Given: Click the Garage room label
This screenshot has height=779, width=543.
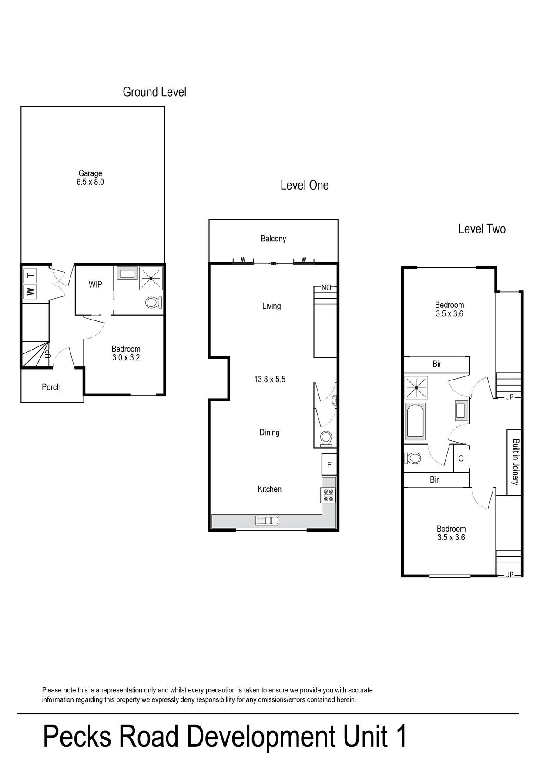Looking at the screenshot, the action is pyautogui.click(x=90, y=173).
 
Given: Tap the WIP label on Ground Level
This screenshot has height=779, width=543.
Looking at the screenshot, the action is pyautogui.click(x=95, y=284).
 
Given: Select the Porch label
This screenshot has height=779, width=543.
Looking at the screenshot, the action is pyautogui.click(x=51, y=387).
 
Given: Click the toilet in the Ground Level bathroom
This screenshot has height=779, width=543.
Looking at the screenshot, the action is pyautogui.click(x=153, y=302).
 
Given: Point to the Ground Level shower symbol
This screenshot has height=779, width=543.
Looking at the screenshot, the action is pyautogui.click(x=151, y=278).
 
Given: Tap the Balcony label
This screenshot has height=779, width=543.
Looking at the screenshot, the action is pyautogui.click(x=273, y=238).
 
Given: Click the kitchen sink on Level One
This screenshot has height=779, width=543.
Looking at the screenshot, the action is pyautogui.click(x=267, y=520).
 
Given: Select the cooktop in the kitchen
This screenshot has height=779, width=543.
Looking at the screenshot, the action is pyautogui.click(x=328, y=495).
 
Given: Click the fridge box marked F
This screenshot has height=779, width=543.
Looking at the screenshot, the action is pyautogui.click(x=329, y=464).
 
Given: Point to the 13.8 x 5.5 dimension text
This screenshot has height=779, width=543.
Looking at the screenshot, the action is pyautogui.click(x=270, y=379).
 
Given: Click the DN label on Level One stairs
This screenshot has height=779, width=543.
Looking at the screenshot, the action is pyautogui.click(x=326, y=287).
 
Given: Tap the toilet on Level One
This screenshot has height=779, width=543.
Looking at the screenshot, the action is pyautogui.click(x=326, y=439).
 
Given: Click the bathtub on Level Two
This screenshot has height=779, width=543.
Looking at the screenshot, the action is pyautogui.click(x=415, y=421).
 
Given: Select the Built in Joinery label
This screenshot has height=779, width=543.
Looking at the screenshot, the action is pyautogui.click(x=515, y=462).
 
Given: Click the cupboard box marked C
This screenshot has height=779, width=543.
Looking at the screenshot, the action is pyautogui.click(x=461, y=458).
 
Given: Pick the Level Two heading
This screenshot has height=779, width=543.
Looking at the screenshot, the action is pyautogui.click(x=482, y=229).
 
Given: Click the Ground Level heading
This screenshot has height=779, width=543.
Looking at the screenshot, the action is pyautogui.click(x=154, y=92).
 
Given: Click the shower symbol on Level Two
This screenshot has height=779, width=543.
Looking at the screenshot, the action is pyautogui.click(x=416, y=388).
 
